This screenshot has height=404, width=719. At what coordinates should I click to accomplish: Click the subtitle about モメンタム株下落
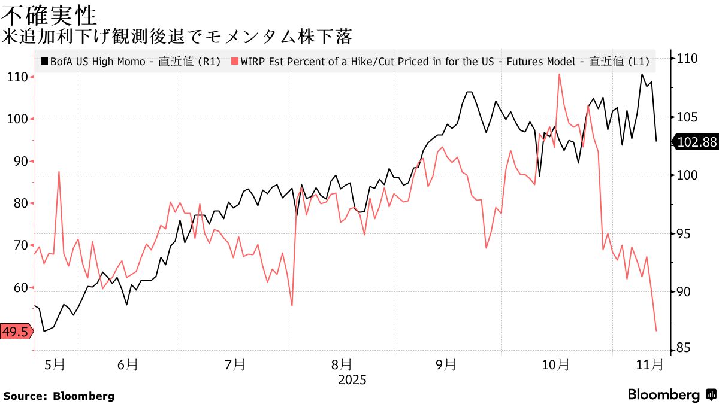coord(176,37)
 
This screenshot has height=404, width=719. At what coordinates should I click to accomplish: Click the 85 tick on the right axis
coord(685,348)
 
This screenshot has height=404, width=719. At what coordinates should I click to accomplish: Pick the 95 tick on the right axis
coord(685,233)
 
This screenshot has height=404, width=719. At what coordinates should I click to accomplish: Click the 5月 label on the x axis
coord(55,364)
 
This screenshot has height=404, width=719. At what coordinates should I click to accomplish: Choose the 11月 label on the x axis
coord(648,364)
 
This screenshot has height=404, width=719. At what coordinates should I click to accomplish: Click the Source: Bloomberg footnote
coord(59,396)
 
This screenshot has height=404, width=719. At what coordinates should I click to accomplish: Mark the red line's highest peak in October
coord(559,74)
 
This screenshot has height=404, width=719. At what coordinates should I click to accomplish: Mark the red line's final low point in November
coord(656,331)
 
